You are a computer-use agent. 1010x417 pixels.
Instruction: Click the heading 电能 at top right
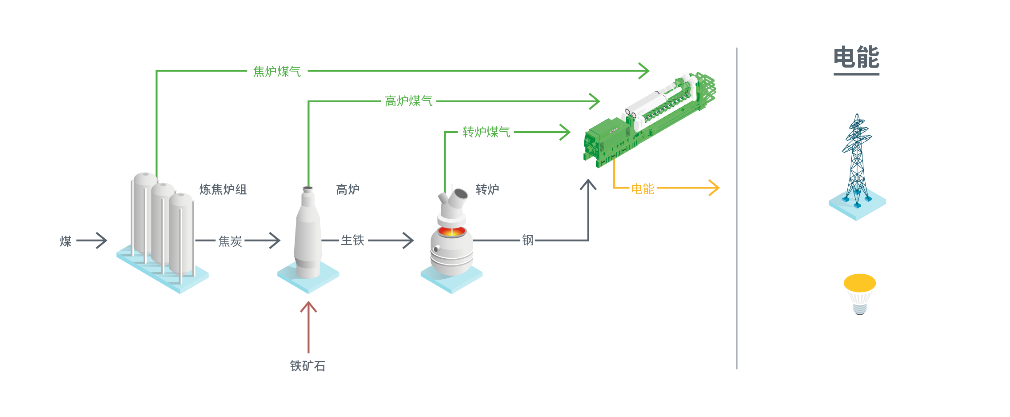click(x=856, y=57)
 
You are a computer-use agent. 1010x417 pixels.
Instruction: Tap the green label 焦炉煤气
click(x=277, y=71)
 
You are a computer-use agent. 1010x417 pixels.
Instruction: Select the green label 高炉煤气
click(x=408, y=101)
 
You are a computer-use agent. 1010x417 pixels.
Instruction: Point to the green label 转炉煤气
click(x=486, y=132)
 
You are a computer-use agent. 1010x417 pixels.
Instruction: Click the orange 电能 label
click(x=643, y=189)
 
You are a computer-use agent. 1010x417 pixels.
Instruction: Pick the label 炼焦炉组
click(x=223, y=189)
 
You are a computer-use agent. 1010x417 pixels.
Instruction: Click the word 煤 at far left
click(x=66, y=241)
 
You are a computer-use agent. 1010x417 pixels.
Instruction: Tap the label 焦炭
click(x=230, y=241)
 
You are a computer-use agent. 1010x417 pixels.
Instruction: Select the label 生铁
click(x=352, y=241)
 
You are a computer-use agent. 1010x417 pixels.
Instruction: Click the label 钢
click(x=528, y=241)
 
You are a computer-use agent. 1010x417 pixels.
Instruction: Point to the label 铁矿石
click(x=308, y=366)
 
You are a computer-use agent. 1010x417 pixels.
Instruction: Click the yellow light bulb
click(x=860, y=294)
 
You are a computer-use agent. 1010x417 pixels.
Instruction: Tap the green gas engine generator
click(x=649, y=120)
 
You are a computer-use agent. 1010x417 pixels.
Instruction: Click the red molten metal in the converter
click(x=452, y=232)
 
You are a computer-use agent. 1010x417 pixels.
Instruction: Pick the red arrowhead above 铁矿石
click(x=308, y=307)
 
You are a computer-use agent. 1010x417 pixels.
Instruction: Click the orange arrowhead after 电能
click(x=714, y=188)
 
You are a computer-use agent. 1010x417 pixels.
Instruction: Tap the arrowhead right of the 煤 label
click(x=102, y=241)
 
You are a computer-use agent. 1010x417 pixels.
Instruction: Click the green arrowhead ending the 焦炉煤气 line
click(x=644, y=71)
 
